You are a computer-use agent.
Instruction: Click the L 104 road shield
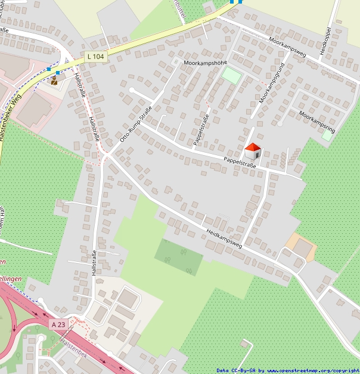click(95, 56)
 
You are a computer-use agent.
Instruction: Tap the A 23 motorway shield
click(58, 324)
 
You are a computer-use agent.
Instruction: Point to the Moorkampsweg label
click(287, 48)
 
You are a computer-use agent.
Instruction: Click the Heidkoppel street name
click(327, 41)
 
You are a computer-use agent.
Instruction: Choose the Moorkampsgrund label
click(271, 82)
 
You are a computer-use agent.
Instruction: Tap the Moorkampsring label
click(318, 122)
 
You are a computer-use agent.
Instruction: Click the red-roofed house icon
click(253, 151)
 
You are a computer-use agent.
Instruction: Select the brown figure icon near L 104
click(54, 79)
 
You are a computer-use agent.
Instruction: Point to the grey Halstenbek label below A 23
click(73, 347)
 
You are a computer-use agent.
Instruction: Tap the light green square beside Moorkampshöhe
click(231, 76)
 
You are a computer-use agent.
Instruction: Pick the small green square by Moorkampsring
click(327, 135)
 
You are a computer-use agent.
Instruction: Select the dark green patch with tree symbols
click(178, 257)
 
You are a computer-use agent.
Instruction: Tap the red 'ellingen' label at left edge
click(11, 279)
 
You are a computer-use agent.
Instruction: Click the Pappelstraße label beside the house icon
click(239, 162)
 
